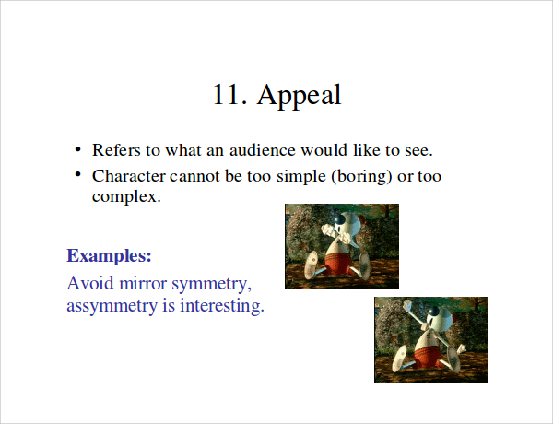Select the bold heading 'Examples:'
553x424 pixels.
pos(109,255)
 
